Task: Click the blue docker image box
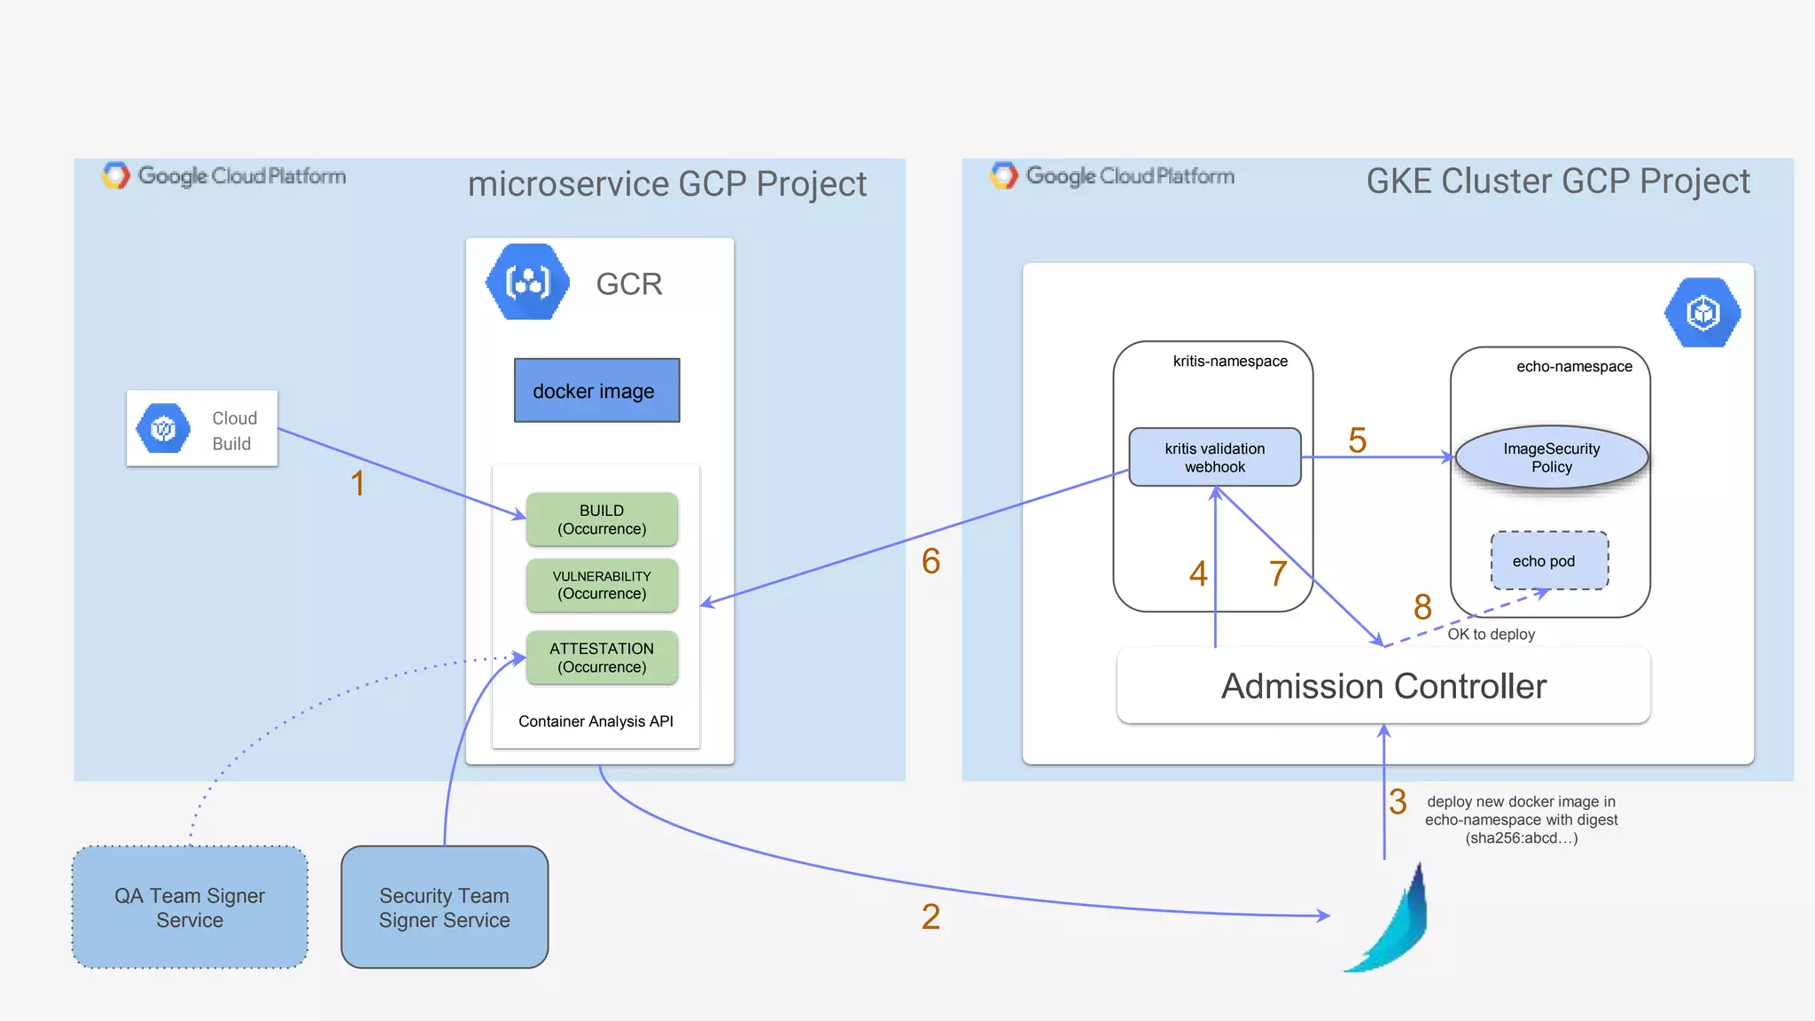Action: coord(596,391)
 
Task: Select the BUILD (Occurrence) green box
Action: coord(602,519)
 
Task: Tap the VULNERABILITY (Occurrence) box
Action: coord(602,585)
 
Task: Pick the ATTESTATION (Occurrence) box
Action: coord(602,658)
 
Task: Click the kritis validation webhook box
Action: coord(1214,457)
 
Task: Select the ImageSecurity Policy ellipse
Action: coord(1551,457)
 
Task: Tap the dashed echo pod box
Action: coord(1548,561)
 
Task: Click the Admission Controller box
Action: coord(1383,686)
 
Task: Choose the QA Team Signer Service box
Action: coord(190,908)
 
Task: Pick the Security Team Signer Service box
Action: coord(444,908)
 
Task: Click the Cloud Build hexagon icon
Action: coord(163,429)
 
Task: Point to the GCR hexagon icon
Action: coord(527,283)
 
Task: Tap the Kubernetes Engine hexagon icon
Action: coord(1702,313)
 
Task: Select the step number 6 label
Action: coord(931,561)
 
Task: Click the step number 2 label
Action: coord(931,916)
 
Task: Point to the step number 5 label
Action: coord(1357,440)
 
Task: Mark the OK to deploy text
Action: coord(1491,635)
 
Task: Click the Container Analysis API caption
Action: coord(596,721)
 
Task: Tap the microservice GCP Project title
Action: coord(666,184)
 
